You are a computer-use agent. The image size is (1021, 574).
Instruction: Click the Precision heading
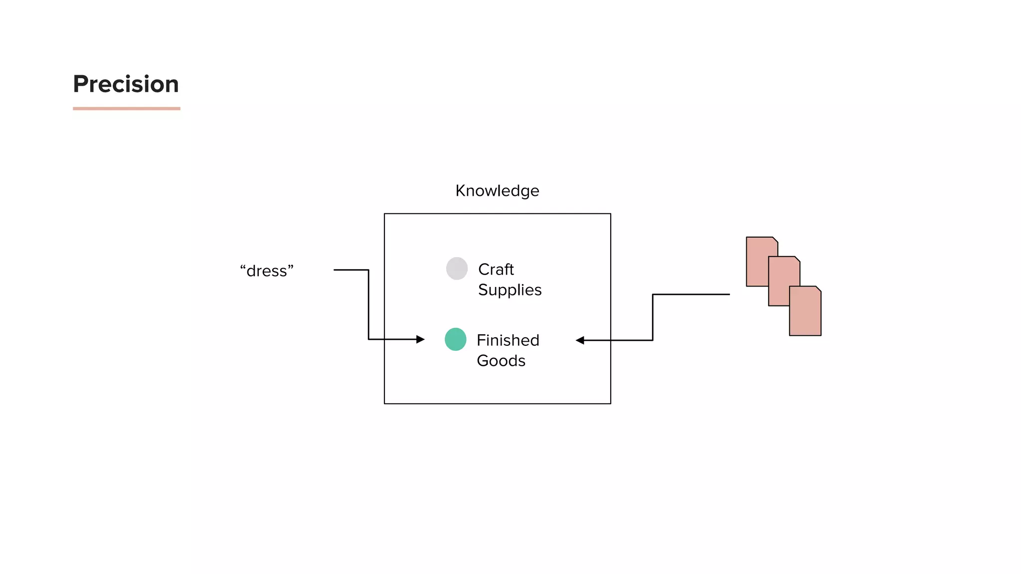click(126, 84)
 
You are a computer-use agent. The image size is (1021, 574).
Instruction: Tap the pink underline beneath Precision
click(127, 108)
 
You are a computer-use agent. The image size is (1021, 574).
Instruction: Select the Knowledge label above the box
click(497, 191)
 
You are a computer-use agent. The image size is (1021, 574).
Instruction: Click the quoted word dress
click(267, 271)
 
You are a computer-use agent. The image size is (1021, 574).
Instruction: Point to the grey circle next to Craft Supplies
click(457, 269)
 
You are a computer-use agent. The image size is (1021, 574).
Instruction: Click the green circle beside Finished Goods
click(455, 339)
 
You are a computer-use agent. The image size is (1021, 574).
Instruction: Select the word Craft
click(496, 270)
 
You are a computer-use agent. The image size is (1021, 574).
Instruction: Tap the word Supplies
click(510, 290)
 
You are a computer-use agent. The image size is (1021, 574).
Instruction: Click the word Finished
click(508, 340)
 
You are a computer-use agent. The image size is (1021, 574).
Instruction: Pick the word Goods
click(501, 361)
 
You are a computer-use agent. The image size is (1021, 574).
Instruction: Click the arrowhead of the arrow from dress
click(421, 339)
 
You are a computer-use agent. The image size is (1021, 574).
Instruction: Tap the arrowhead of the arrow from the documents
click(580, 340)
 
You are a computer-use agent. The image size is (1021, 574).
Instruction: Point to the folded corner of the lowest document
click(818, 289)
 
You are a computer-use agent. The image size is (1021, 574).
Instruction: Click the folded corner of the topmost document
click(775, 240)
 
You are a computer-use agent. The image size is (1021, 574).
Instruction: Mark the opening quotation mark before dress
click(243, 268)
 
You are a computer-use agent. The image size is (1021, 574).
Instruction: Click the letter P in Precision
click(81, 84)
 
